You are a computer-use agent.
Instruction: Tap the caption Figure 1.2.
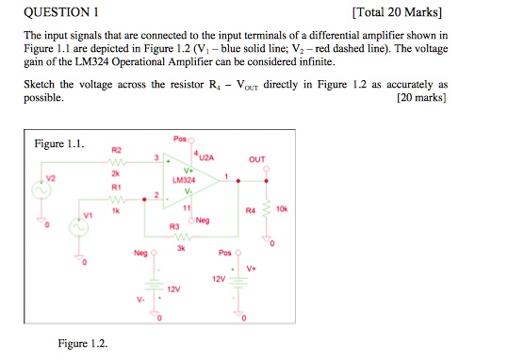83,343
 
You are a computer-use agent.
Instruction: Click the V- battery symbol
149,289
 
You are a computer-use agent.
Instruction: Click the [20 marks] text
424,97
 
